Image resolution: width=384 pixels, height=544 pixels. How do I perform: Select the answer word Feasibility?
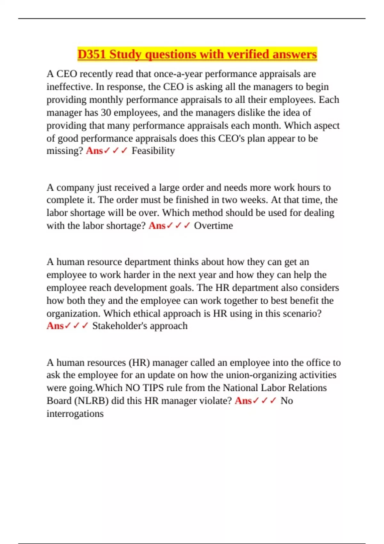[153, 151]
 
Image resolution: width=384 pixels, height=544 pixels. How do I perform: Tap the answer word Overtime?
[213, 226]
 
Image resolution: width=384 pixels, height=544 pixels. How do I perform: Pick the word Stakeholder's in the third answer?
[119, 326]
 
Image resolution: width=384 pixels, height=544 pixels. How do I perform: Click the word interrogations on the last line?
[75, 413]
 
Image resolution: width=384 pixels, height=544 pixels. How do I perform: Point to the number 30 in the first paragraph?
[106, 113]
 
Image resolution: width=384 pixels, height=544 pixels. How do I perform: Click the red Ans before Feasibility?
[94, 151]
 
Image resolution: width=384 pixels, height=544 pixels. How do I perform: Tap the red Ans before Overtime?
[157, 226]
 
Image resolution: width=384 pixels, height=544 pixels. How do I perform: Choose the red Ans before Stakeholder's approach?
[55, 326]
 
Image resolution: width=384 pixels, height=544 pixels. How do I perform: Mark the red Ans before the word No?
[243, 401]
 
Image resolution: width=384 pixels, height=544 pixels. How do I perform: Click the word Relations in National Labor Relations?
[307, 388]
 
